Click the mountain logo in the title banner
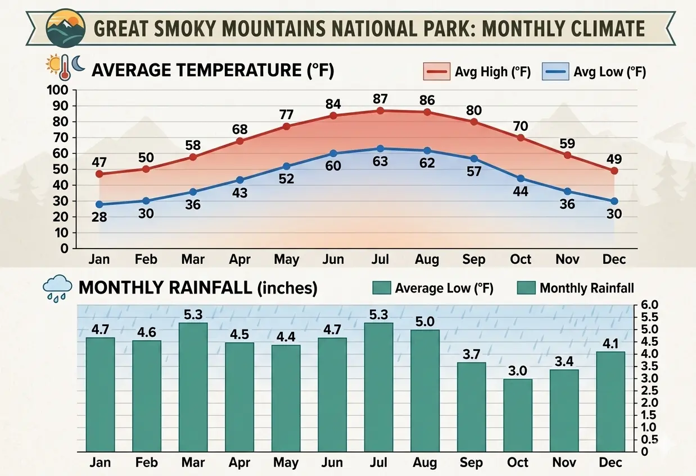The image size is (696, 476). pyautogui.click(x=66, y=28)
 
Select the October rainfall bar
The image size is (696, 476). pyautogui.click(x=518, y=415)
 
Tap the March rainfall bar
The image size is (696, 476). pyautogui.click(x=193, y=387)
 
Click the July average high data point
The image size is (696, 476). pyautogui.click(x=380, y=111)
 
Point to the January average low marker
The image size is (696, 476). pyautogui.click(x=100, y=204)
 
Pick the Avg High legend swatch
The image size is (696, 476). pyautogui.click(x=437, y=71)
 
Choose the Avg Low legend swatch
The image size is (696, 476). pyautogui.click(x=555, y=71)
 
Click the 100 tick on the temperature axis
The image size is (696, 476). pyautogui.click(x=57, y=90)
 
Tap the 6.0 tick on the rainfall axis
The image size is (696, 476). pyautogui.click(x=649, y=305)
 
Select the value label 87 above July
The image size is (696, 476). pyautogui.click(x=380, y=99)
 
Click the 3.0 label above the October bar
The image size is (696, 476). pyautogui.click(x=518, y=371)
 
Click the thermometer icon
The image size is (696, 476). pyautogui.click(x=65, y=67)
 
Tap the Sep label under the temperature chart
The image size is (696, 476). pyautogui.click(x=473, y=259)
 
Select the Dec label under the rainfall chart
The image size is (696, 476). pyautogui.click(x=611, y=463)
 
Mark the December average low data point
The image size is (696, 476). pyautogui.click(x=614, y=201)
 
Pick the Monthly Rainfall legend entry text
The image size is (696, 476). pyautogui.click(x=587, y=288)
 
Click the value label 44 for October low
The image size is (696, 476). pyautogui.click(x=521, y=191)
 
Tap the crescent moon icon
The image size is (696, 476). pyautogui.click(x=78, y=63)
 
